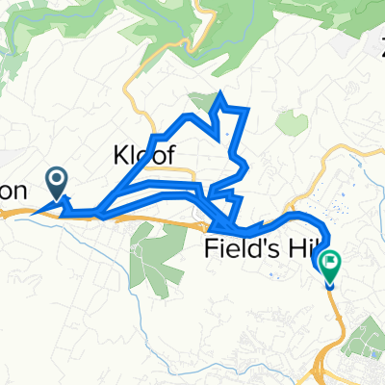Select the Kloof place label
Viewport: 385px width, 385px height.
143,154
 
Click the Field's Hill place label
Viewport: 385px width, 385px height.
256,249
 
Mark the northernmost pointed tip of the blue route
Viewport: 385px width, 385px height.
224,92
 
